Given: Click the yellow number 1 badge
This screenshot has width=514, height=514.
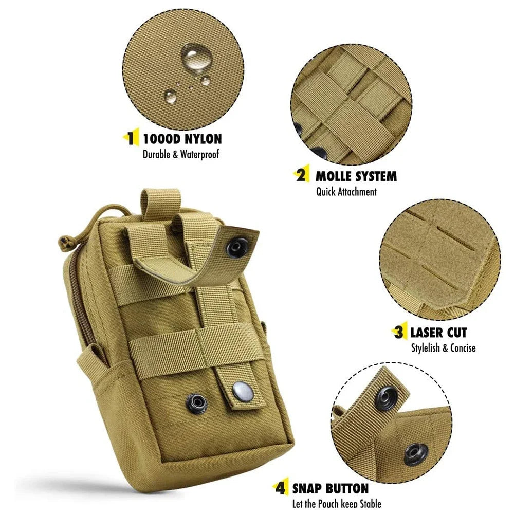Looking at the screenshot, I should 132,138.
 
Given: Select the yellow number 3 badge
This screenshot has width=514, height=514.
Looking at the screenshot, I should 398,332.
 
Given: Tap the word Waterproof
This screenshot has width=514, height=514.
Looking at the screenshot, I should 197,155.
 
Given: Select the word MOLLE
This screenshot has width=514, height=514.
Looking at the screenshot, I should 334,176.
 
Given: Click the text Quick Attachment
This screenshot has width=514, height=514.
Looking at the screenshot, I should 346,192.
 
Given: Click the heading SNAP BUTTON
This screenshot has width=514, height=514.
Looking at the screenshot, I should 330,488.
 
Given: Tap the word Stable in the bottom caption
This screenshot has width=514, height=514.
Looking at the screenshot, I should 367,504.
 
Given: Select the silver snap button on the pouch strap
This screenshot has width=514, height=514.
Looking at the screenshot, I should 240,392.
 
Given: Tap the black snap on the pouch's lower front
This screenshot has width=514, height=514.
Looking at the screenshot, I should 197,401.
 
